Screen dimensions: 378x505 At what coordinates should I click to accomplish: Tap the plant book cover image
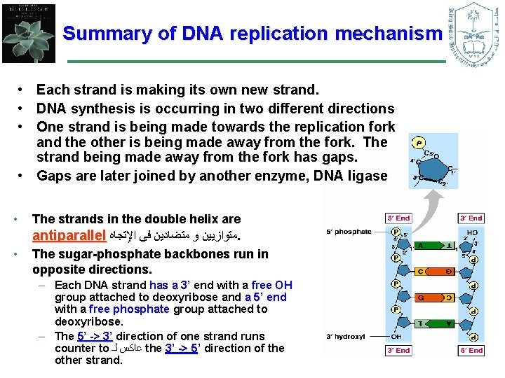point(29,32)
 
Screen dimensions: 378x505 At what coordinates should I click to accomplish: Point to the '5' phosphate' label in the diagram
point(349,232)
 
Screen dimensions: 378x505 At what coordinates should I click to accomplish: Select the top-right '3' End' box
point(470,218)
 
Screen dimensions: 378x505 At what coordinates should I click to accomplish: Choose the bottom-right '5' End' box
point(470,349)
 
